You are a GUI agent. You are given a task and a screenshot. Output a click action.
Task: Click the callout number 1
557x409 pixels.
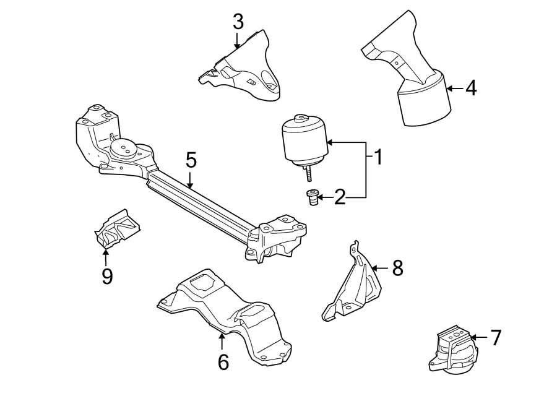coord(377,158)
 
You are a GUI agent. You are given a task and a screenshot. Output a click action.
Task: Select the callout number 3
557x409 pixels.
coord(238,22)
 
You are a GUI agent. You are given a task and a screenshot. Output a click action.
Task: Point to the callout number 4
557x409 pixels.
coord(471,88)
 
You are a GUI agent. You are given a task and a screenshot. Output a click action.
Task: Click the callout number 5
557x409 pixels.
coord(191,161)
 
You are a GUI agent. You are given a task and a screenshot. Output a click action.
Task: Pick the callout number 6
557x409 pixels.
coord(223,362)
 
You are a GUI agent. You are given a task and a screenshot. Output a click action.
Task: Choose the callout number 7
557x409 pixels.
coord(495,337)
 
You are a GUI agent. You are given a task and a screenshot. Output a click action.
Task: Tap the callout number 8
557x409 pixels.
coord(397,268)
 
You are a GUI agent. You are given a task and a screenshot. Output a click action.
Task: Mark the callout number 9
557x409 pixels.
coord(106,276)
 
